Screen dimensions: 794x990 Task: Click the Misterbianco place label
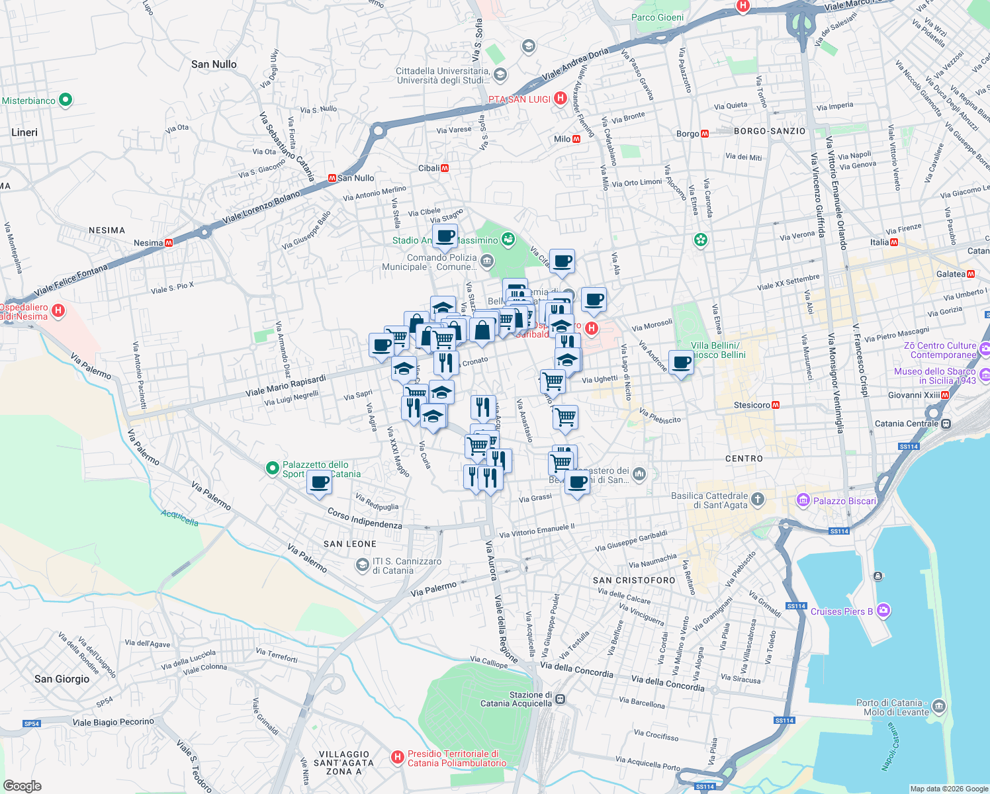click(28, 101)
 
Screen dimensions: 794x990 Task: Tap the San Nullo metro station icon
click(332, 178)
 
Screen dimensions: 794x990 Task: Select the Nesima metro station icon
click(169, 243)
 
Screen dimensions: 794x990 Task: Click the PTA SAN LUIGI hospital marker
click(561, 99)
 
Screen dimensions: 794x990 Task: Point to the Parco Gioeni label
click(657, 17)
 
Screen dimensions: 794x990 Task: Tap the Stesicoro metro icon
click(776, 405)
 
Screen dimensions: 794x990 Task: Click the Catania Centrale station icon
click(946, 423)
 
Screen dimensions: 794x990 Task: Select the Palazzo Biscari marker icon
click(803, 500)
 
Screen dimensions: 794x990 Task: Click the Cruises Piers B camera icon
click(883, 611)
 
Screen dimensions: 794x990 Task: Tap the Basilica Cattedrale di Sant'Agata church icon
click(758, 499)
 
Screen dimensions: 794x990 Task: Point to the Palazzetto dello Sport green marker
click(272, 468)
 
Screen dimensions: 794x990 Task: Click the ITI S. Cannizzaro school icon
click(362, 564)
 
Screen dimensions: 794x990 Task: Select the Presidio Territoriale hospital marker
click(397, 757)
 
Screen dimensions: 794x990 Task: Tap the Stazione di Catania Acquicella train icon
click(561, 699)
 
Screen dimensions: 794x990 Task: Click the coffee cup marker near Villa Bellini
click(681, 362)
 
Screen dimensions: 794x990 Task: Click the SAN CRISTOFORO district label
click(634, 580)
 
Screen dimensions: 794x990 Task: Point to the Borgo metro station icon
click(705, 134)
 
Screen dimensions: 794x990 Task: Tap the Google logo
click(22, 785)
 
